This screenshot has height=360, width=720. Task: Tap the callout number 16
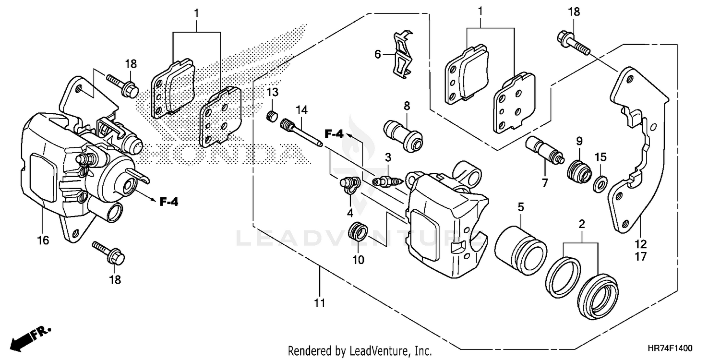click(43, 240)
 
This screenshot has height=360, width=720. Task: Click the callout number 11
click(320, 303)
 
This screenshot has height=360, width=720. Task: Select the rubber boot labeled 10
click(358, 233)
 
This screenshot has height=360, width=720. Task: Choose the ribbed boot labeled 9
click(578, 172)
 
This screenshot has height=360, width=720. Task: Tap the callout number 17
click(641, 257)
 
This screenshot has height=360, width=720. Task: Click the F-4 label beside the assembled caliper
click(168, 202)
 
